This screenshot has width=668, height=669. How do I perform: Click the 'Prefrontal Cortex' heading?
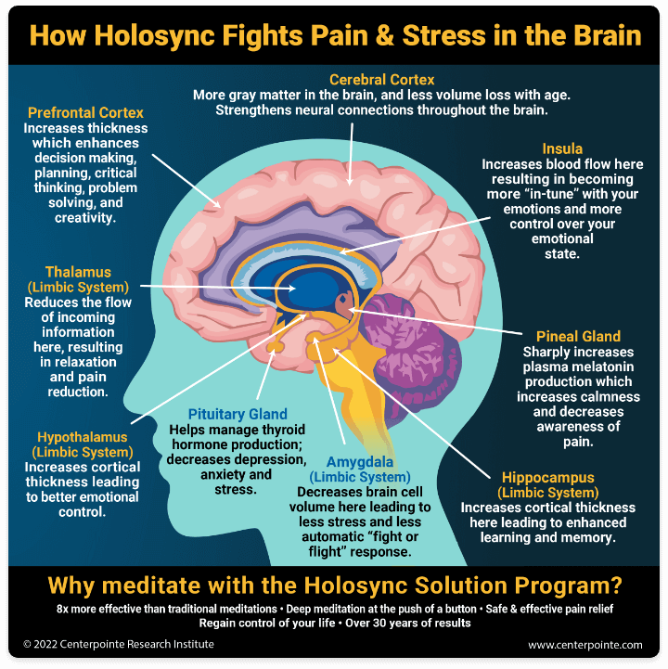[x=85, y=113]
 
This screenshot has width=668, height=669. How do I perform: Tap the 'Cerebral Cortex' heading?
[x=381, y=80]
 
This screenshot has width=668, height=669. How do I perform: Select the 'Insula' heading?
[x=562, y=148]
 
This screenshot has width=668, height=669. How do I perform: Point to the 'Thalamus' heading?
[x=78, y=273]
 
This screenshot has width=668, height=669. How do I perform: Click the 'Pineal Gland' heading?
[x=578, y=336]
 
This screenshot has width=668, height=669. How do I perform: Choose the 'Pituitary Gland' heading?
[x=238, y=414]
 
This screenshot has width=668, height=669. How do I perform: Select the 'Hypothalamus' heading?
[x=83, y=436]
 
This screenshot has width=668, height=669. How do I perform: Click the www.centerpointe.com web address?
[x=584, y=644]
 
